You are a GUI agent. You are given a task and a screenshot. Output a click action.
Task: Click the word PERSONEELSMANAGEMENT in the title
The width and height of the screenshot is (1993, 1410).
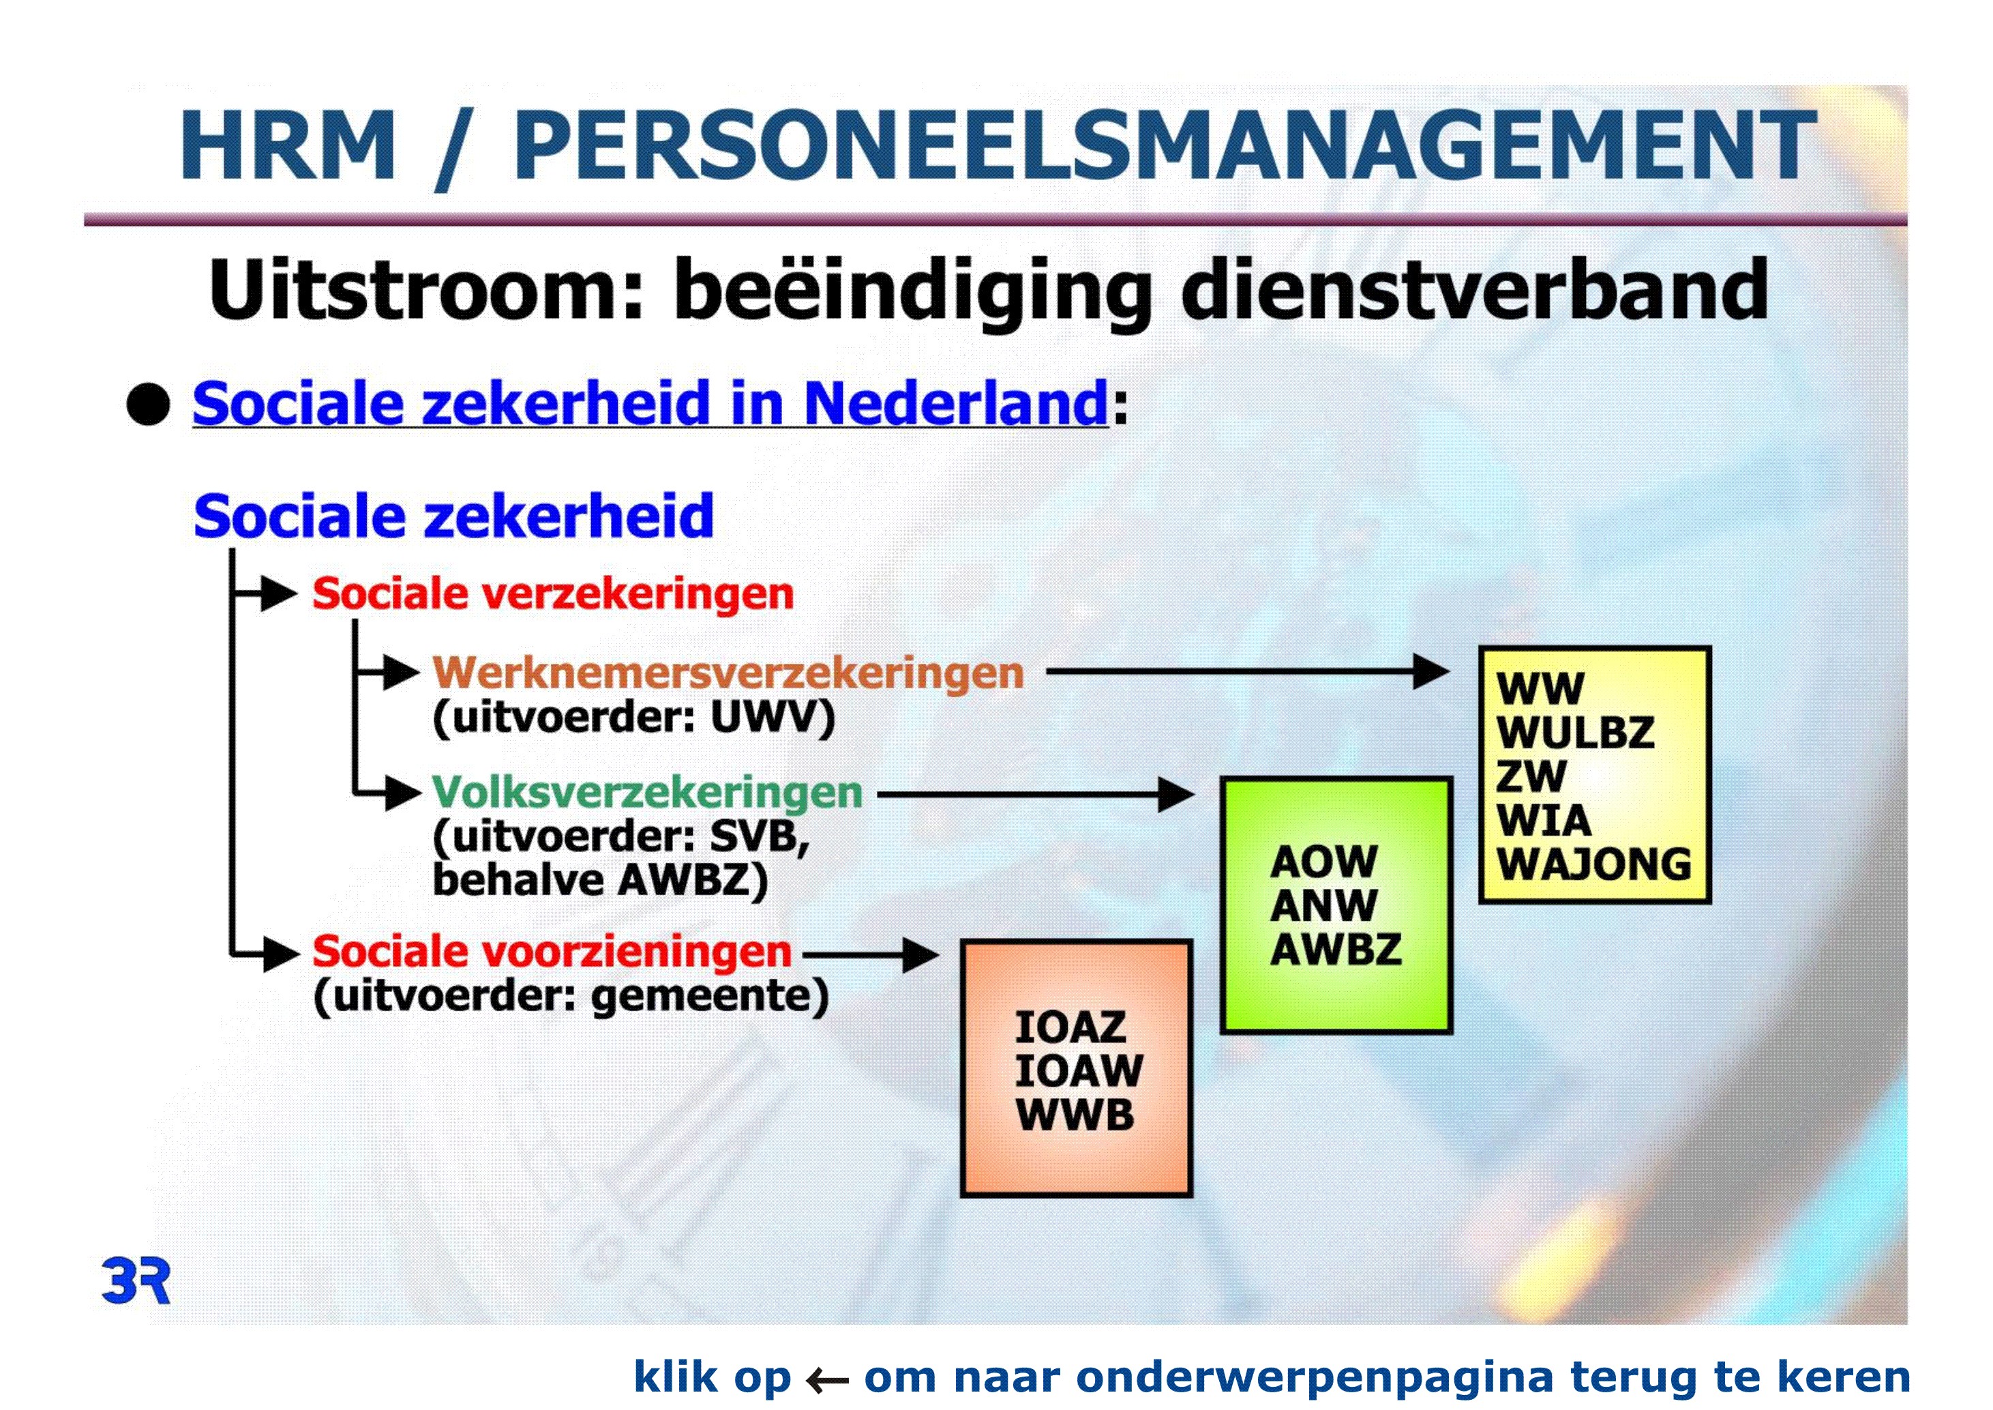click(1165, 145)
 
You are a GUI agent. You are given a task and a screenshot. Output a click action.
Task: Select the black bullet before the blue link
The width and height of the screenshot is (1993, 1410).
click(149, 405)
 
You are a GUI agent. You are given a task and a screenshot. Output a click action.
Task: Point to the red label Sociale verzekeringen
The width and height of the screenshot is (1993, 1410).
click(553, 595)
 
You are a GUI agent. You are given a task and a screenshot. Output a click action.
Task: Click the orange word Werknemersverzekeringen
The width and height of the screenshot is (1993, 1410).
click(728, 673)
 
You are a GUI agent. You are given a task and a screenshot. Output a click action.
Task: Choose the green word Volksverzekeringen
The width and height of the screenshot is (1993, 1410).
click(648, 792)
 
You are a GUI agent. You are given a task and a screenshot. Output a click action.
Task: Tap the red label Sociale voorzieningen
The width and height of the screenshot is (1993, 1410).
click(552, 952)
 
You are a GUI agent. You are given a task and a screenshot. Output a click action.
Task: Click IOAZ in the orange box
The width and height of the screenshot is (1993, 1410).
click(1070, 1028)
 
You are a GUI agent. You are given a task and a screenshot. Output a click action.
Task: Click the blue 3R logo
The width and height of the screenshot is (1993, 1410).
click(136, 1280)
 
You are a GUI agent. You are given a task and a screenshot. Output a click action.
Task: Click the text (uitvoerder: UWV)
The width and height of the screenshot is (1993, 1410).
click(633, 718)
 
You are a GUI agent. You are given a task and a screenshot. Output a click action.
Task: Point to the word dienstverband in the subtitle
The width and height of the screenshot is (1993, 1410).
click(1474, 289)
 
